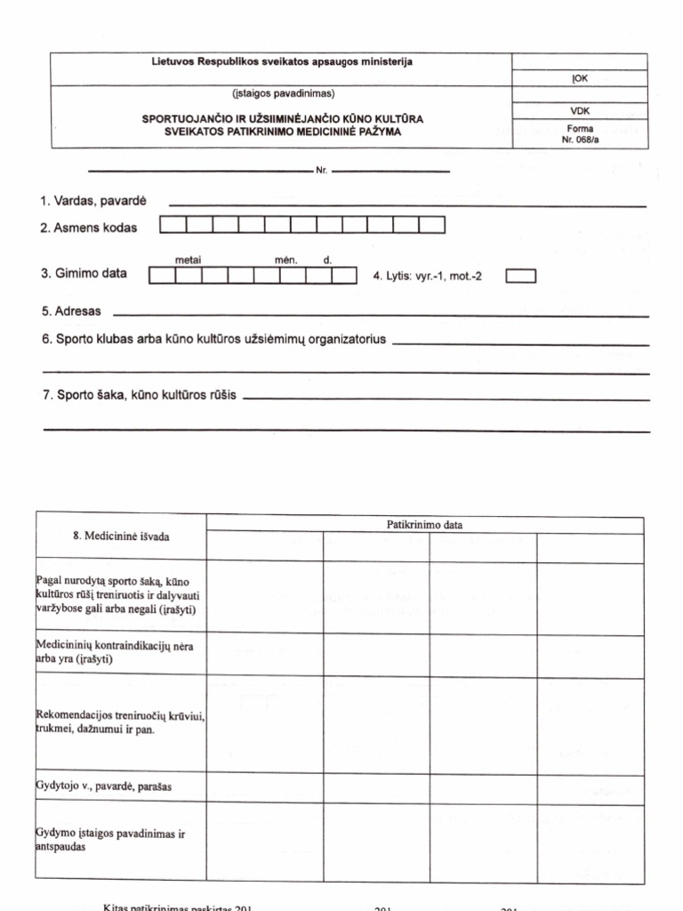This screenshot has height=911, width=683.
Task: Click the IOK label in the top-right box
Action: [x=580, y=78]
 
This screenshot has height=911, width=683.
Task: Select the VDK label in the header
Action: [x=580, y=111]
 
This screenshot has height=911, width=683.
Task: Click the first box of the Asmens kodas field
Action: [x=173, y=226]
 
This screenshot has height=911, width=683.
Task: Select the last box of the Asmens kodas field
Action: [x=431, y=226]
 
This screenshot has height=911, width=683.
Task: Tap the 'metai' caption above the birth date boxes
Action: [x=188, y=260]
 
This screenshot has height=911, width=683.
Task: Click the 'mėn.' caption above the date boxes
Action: [x=285, y=260]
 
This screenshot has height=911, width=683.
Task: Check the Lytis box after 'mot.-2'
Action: [x=520, y=276]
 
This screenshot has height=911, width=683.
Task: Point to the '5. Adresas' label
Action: [x=71, y=312]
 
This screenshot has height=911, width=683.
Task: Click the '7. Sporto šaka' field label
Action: [x=140, y=395]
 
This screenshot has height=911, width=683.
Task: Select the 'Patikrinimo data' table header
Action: [x=424, y=525]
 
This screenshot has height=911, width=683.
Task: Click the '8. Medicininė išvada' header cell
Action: [x=121, y=536]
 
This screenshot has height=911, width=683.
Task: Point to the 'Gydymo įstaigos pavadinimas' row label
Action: [x=111, y=840]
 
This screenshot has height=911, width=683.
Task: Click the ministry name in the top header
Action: [x=282, y=62]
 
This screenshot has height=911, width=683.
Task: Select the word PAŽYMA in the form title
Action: [x=378, y=131]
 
